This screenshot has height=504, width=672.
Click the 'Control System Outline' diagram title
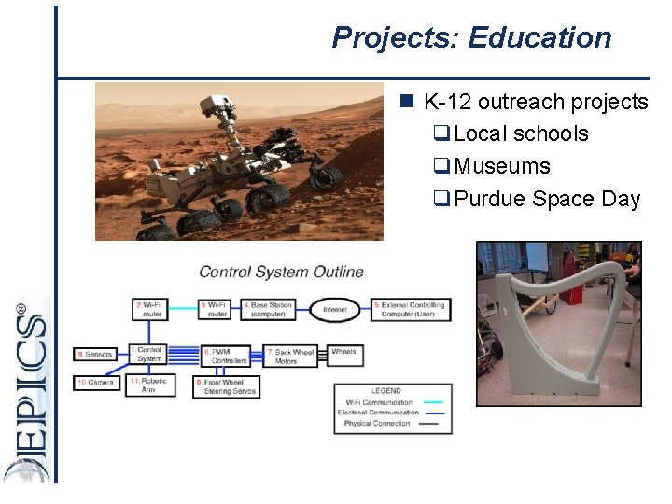coord(281,273)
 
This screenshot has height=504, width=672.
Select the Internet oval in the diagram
coord(335,310)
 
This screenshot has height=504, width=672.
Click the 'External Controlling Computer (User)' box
coord(411,310)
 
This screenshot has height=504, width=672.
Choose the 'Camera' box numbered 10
coord(97,383)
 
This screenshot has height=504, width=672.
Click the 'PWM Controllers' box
coord(228,356)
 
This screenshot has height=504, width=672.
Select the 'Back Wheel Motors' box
coord(294,357)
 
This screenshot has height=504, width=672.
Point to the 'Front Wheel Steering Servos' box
coord(227,386)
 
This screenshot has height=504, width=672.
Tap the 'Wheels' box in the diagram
coord(343,352)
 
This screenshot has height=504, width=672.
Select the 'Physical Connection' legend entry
coord(377,423)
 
